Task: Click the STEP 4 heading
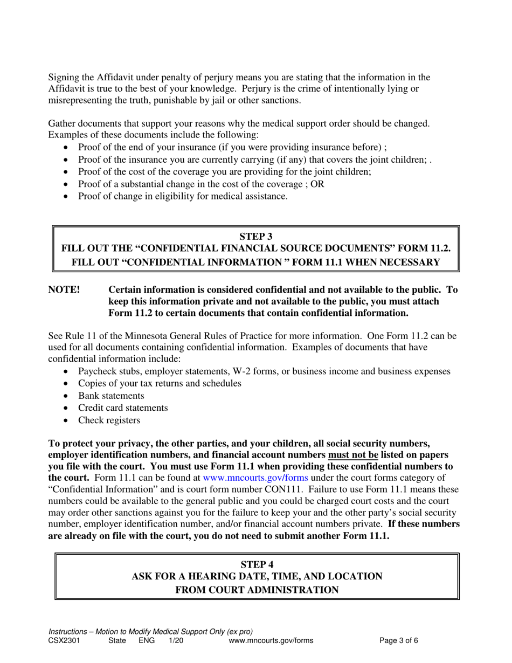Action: [x=257, y=564]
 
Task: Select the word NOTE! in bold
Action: [x=64, y=290]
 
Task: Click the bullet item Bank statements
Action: [x=111, y=396]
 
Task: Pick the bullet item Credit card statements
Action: [x=123, y=408]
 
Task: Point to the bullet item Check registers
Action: [x=109, y=420]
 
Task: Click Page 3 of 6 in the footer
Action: [x=399, y=641]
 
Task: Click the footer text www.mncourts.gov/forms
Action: [x=271, y=641]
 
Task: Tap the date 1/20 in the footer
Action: [x=176, y=641]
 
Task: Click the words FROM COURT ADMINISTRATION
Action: [x=257, y=590]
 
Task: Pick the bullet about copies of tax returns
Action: [x=160, y=384]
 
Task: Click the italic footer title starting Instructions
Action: [x=150, y=632]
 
